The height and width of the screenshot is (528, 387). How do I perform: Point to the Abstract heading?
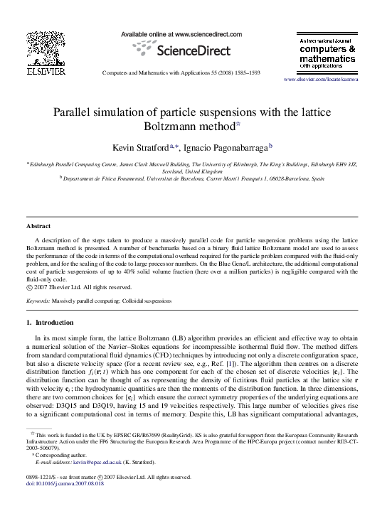(x=38, y=226)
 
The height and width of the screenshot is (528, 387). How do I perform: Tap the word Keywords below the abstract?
(x=38, y=301)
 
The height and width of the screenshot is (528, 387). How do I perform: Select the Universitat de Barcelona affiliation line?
(x=193, y=180)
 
